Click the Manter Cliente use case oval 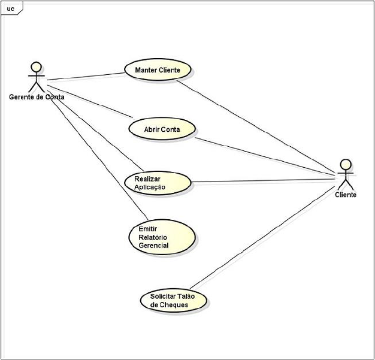[x=159, y=70]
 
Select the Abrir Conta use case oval [x=162, y=129]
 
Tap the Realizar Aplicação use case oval [x=157, y=183]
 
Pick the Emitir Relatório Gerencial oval [x=162, y=237]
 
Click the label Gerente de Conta [x=37, y=97]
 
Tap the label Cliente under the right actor [x=345, y=195]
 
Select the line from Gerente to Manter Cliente [x=86, y=76]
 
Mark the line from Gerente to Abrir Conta [x=90, y=98]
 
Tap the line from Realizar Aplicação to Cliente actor [x=264, y=181]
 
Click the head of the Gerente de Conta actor [x=37, y=65]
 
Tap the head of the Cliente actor [x=345, y=164]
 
